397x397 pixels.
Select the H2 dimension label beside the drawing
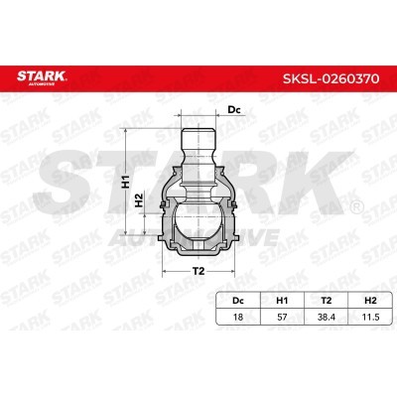[142, 198]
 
